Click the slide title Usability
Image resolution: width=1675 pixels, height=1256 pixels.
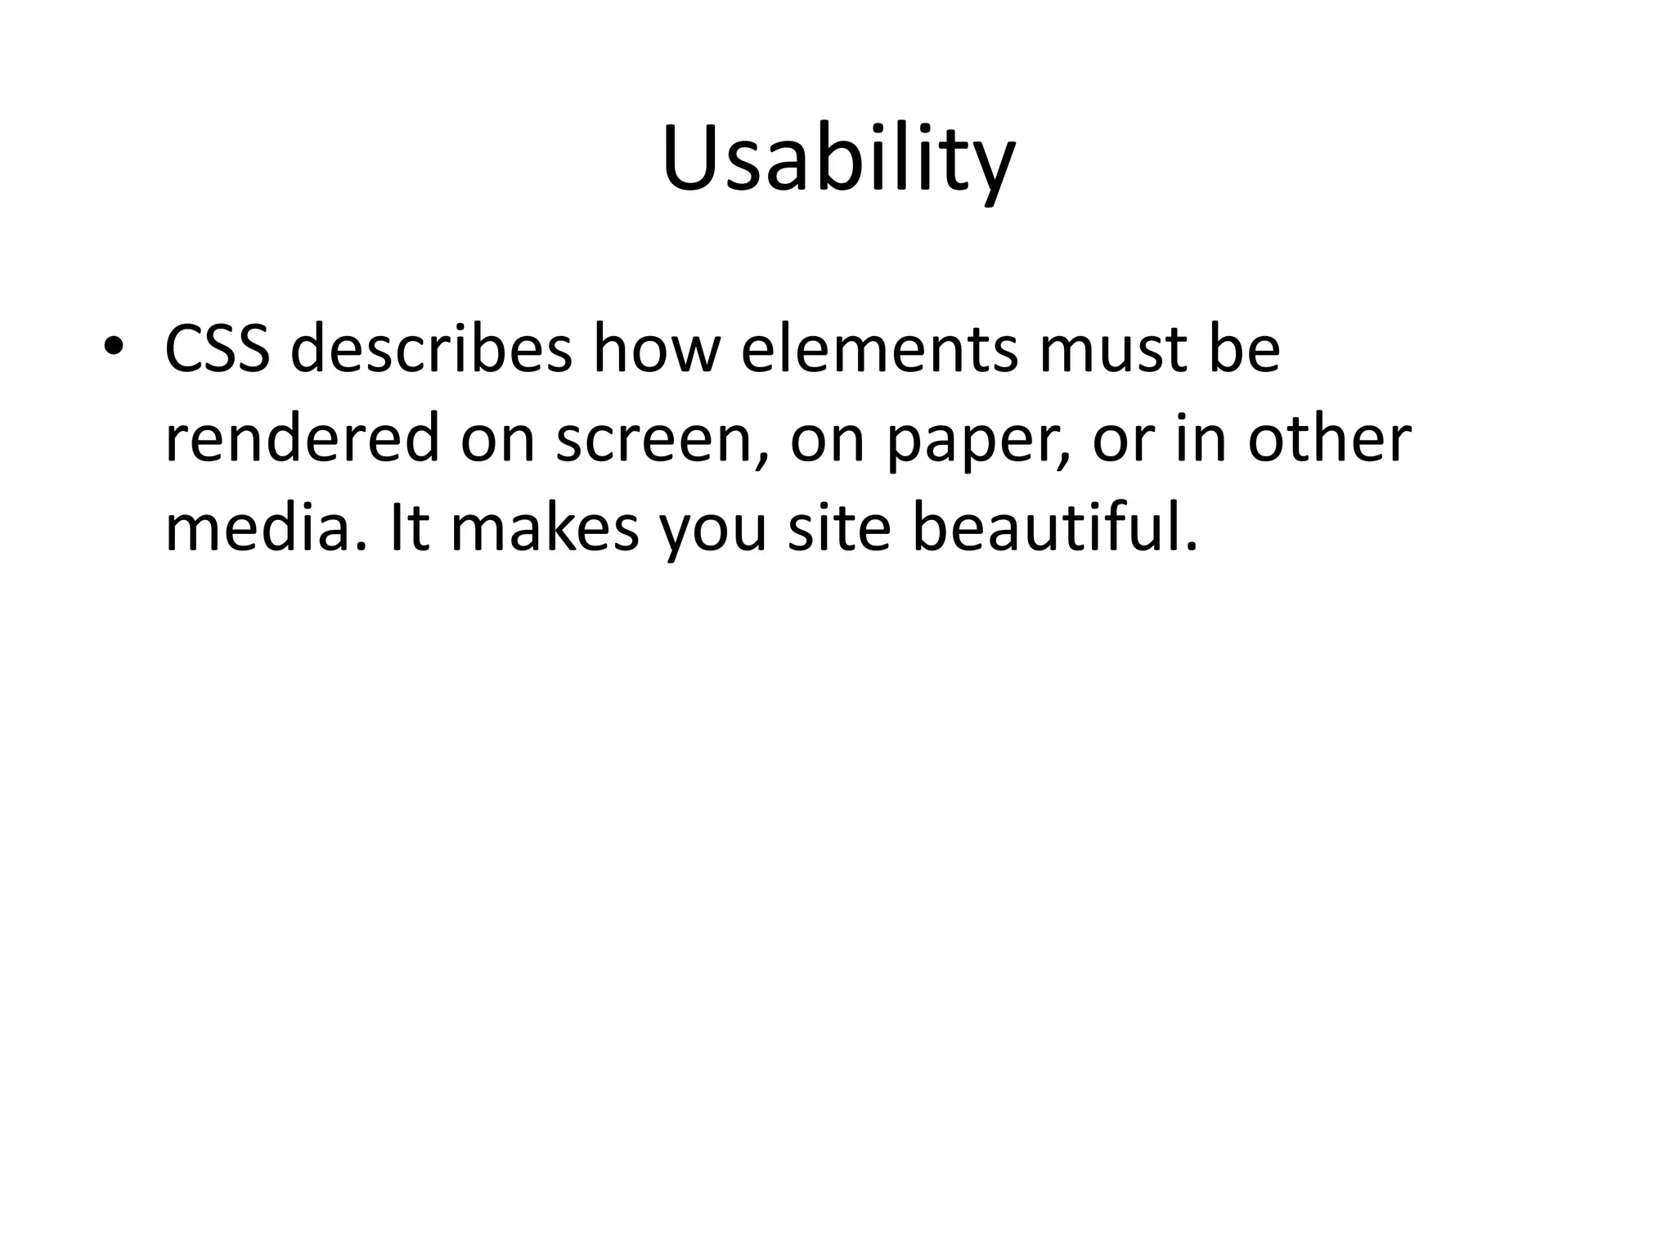837,159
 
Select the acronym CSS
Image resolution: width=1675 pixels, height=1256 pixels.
218,349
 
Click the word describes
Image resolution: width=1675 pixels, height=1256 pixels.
431,349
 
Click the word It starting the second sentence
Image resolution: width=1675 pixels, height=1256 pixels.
410,528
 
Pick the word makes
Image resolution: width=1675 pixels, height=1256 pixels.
545,528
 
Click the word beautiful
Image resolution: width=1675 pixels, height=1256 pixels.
1053,528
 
